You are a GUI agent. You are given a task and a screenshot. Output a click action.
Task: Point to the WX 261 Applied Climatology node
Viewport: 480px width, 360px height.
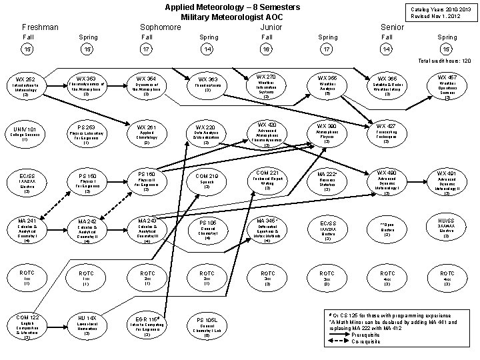(147, 133)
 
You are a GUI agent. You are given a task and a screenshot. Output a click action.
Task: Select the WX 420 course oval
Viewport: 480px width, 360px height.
(266, 133)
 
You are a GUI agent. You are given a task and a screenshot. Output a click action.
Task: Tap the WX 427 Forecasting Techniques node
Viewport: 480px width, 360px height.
(386, 133)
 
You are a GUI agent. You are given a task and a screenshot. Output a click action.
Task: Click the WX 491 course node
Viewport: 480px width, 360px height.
(447, 181)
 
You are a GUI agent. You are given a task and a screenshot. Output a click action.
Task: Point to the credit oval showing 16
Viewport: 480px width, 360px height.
(266, 49)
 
